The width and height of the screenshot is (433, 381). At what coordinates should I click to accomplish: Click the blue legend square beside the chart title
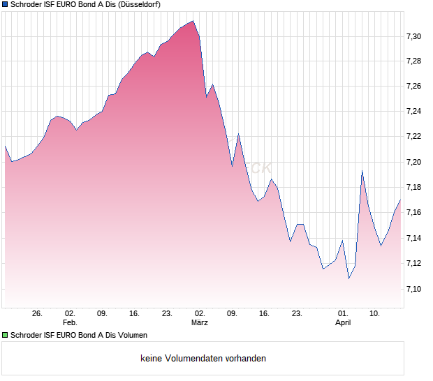[x=5, y=5]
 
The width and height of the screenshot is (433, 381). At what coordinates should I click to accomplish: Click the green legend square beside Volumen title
[x=5, y=335]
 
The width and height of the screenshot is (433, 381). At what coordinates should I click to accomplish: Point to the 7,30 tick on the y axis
[x=414, y=36]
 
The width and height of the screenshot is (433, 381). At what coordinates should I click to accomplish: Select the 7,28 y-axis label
[x=414, y=61]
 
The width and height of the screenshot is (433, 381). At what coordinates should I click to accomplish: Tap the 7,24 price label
[x=414, y=112]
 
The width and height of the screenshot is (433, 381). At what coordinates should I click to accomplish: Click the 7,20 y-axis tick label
[x=414, y=162]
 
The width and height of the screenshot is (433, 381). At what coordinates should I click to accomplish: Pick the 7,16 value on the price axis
[x=414, y=213]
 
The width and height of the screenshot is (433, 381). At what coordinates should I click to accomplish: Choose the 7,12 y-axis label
[x=414, y=263]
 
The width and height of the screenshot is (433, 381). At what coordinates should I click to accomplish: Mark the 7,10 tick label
[x=414, y=289]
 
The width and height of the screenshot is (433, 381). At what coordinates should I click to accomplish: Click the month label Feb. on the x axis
[x=69, y=323]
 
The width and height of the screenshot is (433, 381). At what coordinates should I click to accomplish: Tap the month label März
[x=200, y=323]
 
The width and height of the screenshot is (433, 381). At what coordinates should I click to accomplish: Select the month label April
[x=343, y=323]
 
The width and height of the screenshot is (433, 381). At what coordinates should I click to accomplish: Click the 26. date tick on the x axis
[x=38, y=314]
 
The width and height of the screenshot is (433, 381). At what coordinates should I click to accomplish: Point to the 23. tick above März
[x=167, y=314]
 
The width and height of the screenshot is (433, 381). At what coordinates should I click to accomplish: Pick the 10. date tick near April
[x=375, y=314]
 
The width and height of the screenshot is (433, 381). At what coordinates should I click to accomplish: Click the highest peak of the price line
[x=193, y=21]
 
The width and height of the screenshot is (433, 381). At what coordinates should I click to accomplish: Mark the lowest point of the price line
[x=348, y=278]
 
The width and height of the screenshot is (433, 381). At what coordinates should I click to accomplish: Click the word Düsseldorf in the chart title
[x=141, y=5]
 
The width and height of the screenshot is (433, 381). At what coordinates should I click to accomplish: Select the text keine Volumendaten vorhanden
[x=203, y=359]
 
